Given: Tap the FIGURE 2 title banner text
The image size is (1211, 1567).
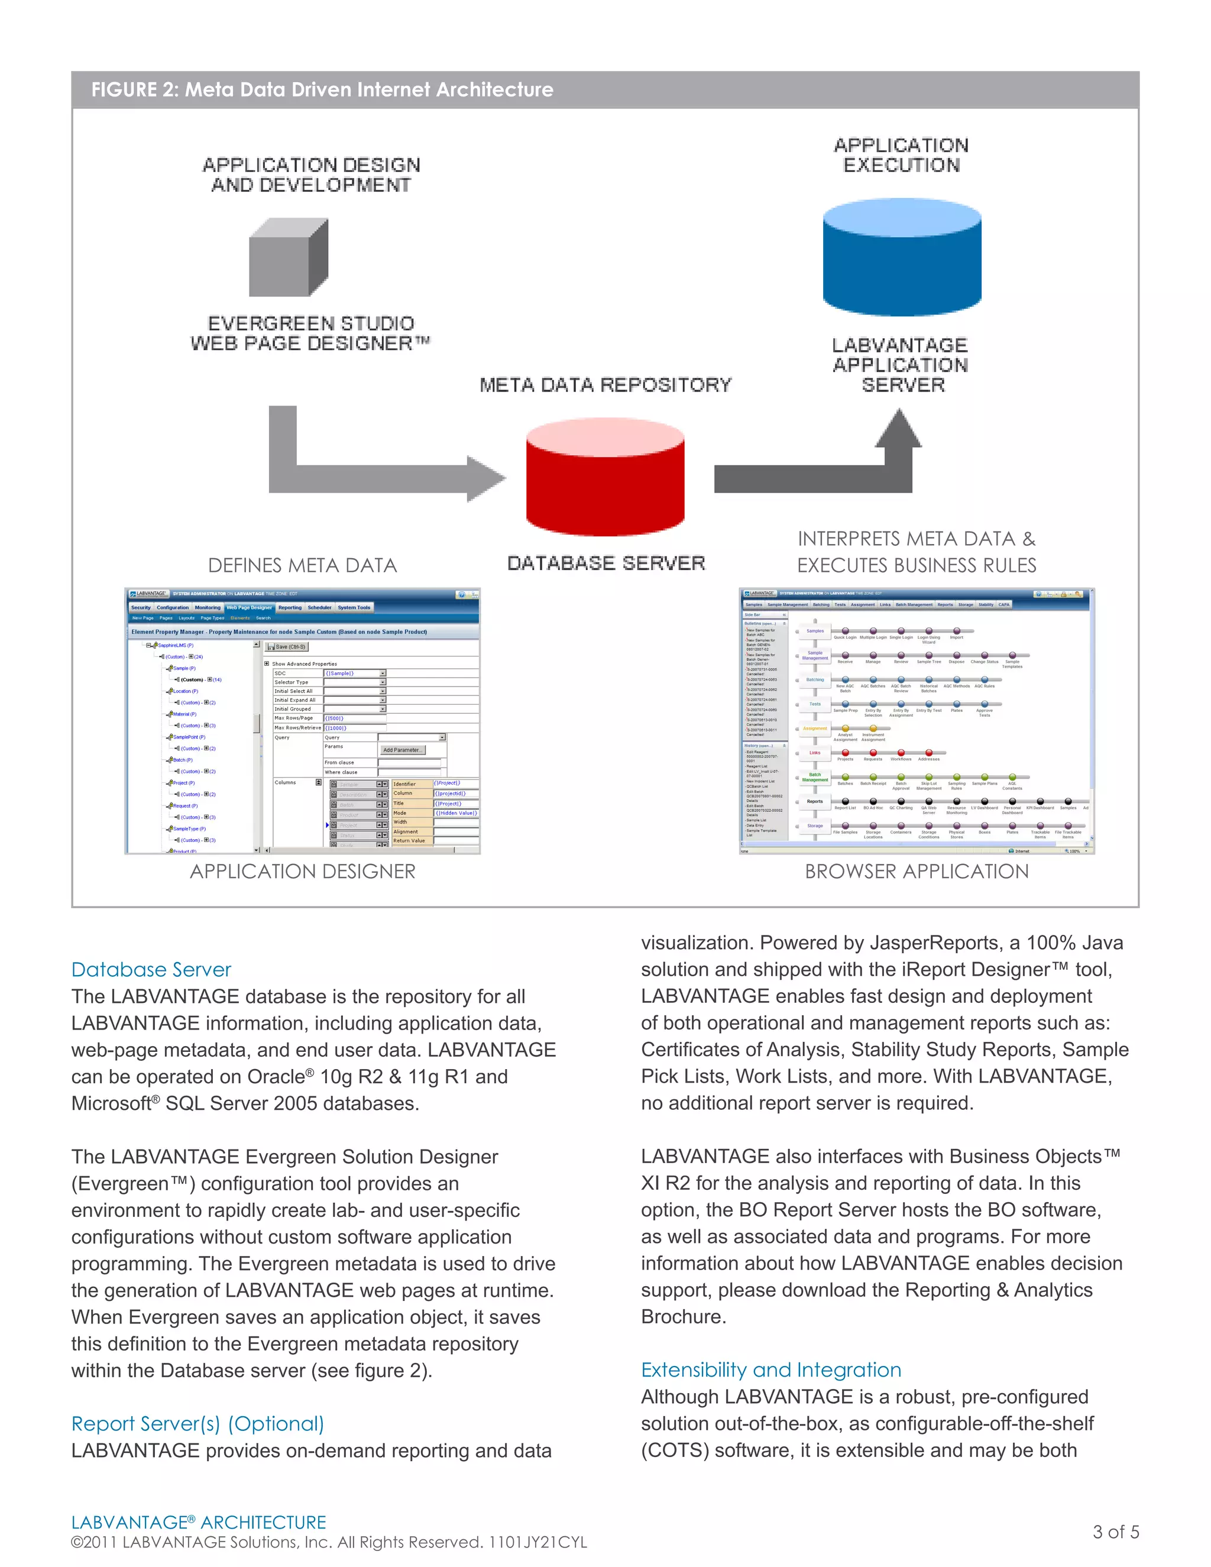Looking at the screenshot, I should point(322,90).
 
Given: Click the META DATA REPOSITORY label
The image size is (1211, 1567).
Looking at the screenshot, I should point(605,386).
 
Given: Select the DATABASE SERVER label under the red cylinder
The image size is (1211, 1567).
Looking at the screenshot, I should point(606,563).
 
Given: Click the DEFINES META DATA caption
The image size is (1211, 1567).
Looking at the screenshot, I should point(302,565).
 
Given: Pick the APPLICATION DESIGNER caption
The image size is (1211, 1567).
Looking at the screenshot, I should point(302,871).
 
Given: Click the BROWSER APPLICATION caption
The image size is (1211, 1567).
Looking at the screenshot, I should point(916,871).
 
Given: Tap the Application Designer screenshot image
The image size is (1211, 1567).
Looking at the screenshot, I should point(302,721).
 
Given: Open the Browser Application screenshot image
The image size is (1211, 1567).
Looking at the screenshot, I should point(916,721).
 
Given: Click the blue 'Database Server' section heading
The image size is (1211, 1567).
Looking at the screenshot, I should point(151,969).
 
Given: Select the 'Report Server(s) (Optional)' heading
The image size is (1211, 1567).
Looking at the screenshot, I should point(197,1423).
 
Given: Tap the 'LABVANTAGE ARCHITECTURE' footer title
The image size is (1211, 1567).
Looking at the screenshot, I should point(198,1522).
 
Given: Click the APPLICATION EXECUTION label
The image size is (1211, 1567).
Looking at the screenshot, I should point(901,155).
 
